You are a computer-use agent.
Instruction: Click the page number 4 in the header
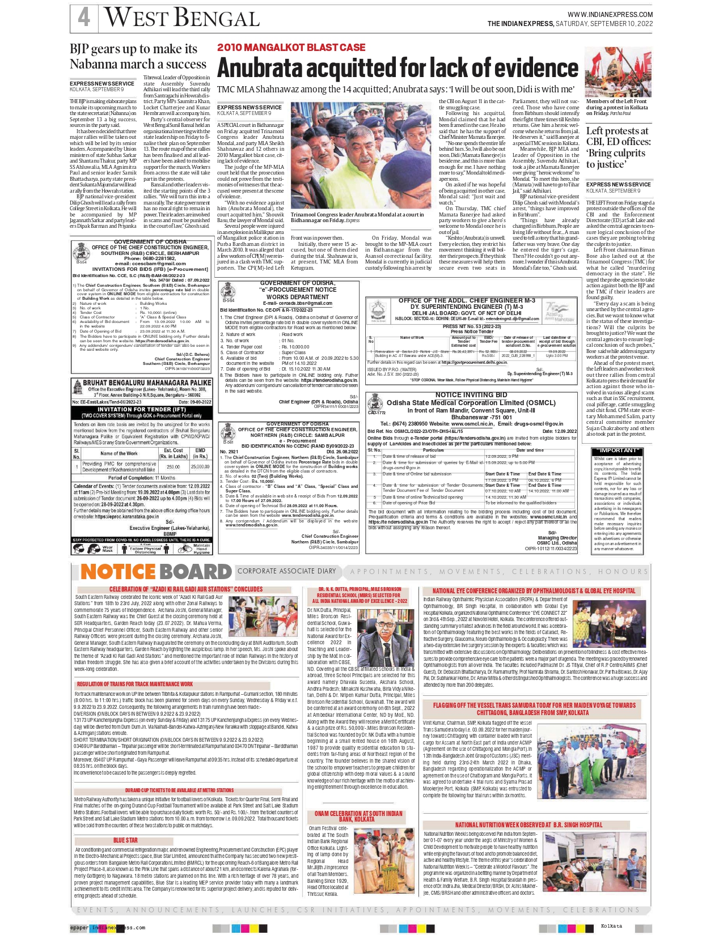click(84, 17)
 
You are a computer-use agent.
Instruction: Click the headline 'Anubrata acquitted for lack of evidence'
click(398, 68)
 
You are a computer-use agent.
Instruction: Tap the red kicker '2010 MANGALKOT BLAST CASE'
click(291, 47)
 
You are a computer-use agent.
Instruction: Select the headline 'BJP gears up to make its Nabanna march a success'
click(138, 57)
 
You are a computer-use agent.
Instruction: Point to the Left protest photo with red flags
click(618, 73)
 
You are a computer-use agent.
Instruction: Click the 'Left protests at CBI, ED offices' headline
click(617, 147)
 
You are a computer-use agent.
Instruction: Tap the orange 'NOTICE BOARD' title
click(156, 572)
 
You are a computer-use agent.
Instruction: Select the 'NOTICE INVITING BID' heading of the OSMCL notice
click(471, 394)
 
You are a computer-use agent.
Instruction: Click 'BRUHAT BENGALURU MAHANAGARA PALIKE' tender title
click(147, 383)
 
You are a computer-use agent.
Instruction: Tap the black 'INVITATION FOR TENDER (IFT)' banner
click(141, 409)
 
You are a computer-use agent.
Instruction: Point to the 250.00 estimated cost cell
click(172, 467)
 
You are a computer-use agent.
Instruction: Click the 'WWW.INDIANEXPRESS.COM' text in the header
click(610, 15)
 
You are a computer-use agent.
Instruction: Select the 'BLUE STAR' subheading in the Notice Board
click(125, 840)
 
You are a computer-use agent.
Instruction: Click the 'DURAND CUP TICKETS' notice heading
click(179, 790)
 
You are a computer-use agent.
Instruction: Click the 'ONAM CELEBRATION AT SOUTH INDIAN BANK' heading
click(358, 817)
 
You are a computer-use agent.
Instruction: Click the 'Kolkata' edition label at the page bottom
click(611, 926)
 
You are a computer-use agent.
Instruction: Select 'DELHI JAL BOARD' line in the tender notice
click(466, 313)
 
